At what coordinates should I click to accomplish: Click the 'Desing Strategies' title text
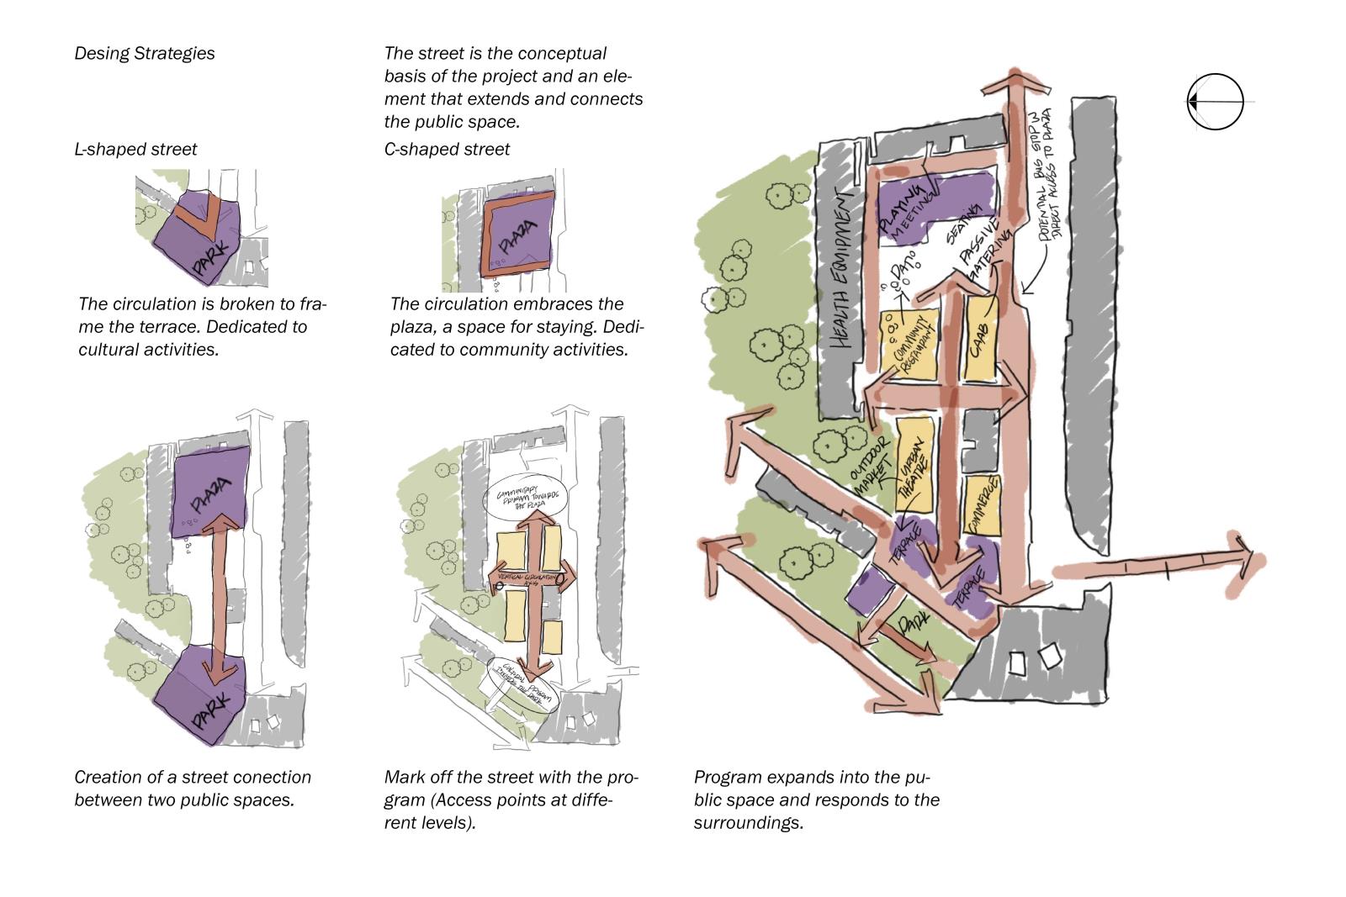pyautogui.click(x=145, y=53)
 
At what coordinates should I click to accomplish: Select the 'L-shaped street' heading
pyautogui.click(x=135, y=149)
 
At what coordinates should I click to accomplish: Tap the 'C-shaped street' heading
pyautogui.click(x=447, y=149)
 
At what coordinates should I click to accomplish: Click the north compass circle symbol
pyautogui.click(x=1216, y=102)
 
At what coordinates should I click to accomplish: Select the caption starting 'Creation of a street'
pyautogui.click(x=193, y=788)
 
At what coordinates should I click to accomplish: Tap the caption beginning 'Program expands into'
pyautogui.click(x=816, y=799)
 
